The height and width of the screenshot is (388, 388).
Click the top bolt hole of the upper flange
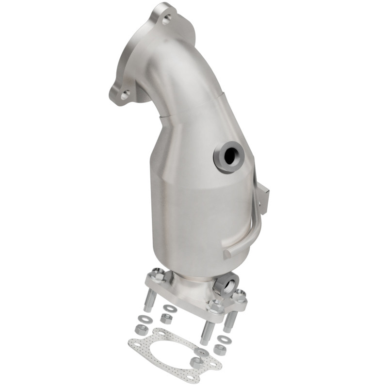coord(166,20)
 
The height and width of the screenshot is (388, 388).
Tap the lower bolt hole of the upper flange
coord(125,95)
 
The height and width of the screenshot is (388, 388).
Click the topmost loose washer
coord(170,308)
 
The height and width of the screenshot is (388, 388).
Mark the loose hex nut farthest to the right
coord(219,350)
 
